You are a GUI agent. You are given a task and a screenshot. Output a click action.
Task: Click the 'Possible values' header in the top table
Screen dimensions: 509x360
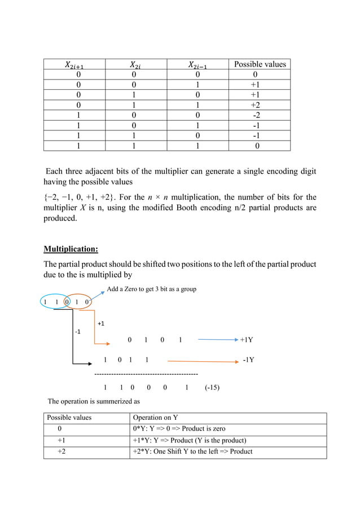[260, 64]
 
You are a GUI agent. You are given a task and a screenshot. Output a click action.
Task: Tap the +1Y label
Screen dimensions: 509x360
[247, 340]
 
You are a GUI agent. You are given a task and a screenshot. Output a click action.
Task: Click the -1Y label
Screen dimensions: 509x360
[248, 359]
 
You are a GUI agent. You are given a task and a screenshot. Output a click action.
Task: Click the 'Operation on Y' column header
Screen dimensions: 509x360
[155, 418]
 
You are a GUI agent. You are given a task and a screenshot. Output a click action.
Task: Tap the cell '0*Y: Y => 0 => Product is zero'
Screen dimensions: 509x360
[179, 429]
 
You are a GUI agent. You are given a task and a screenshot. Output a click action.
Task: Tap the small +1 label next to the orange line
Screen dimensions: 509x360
[102, 324]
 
